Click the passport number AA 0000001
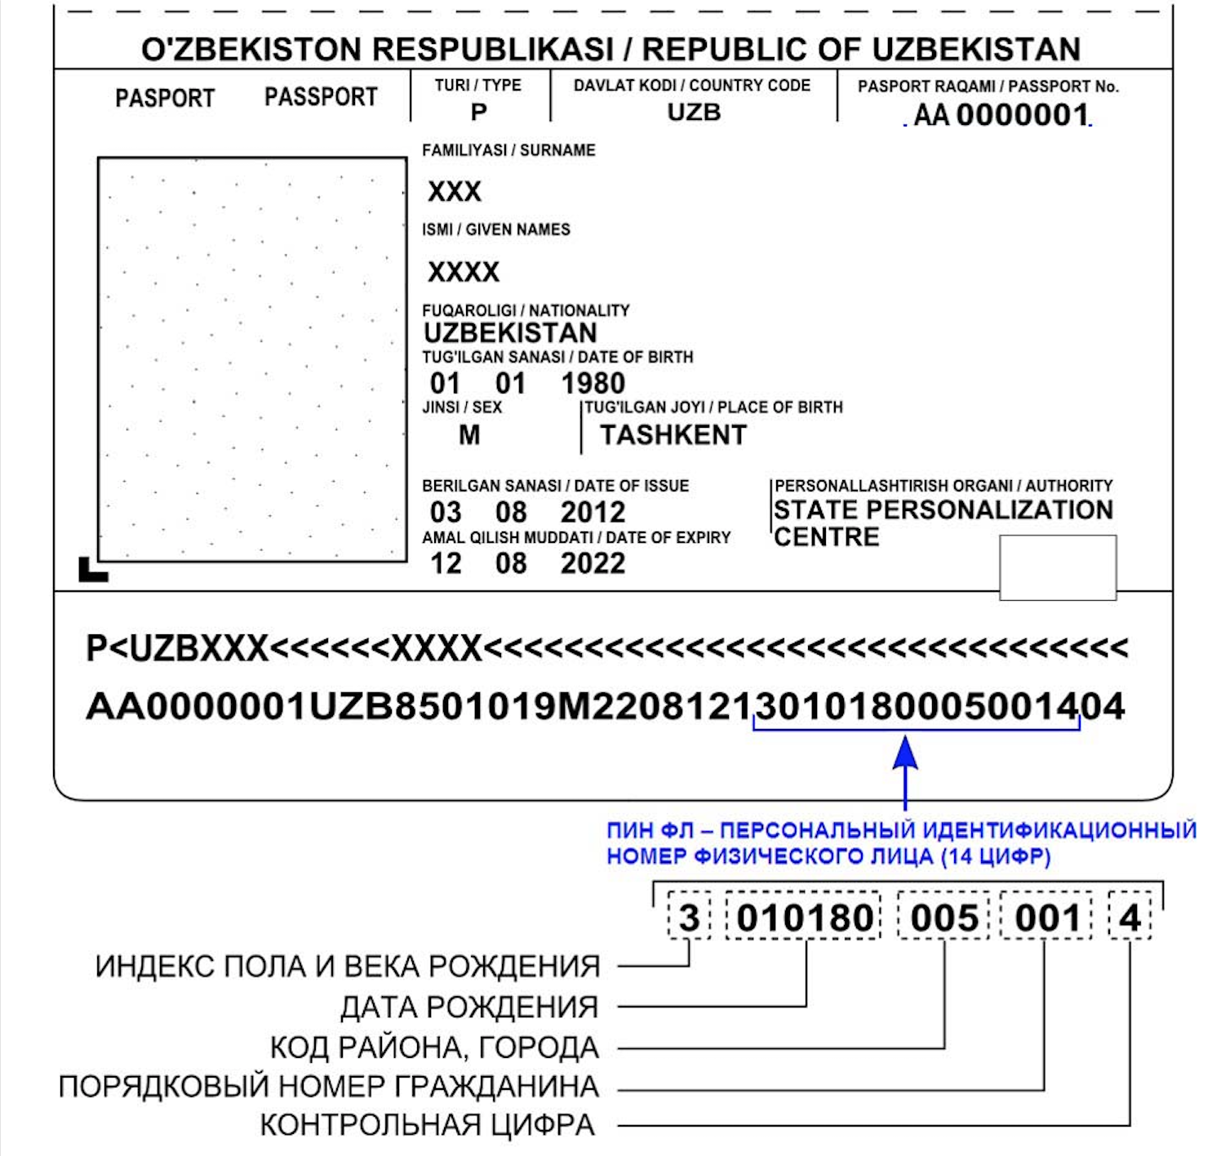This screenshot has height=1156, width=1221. (x=1001, y=115)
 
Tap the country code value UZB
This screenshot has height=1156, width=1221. (x=694, y=112)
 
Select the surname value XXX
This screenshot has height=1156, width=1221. (x=455, y=192)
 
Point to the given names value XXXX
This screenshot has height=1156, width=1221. (x=464, y=272)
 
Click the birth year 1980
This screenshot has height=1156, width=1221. (x=593, y=383)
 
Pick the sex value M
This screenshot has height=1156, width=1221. (x=469, y=435)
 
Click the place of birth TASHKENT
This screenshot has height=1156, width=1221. (x=673, y=435)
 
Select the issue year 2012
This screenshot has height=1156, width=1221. (x=593, y=512)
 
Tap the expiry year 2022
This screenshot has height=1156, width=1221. (x=593, y=563)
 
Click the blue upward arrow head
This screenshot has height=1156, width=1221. (x=904, y=752)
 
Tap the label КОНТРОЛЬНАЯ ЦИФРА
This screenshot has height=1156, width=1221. (x=427, y=1125)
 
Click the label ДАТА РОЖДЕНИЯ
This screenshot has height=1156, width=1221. (x=469, y=1007)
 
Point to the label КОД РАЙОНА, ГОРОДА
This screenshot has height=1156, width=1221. (x=434, y=1047)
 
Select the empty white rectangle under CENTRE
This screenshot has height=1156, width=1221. (x=1058, y=567)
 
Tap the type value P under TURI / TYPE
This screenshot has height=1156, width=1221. (x=478, y=112)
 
